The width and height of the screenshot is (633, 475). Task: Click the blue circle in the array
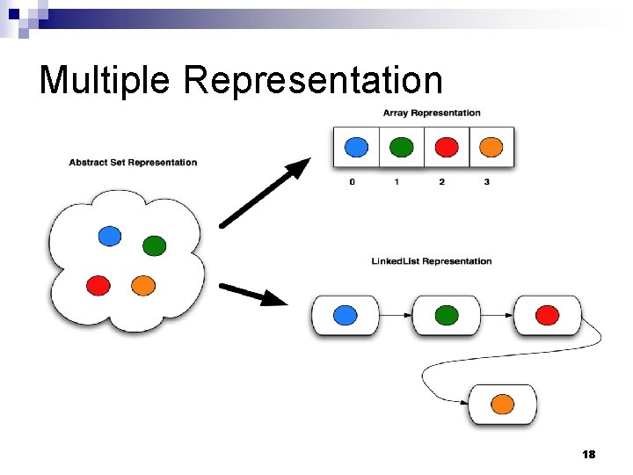356,147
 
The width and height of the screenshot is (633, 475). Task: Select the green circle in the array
401,147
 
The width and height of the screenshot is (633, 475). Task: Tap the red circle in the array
447,147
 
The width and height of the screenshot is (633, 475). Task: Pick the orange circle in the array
491,147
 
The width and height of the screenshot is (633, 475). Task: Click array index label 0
353,182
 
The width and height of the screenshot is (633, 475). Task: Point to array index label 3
486,182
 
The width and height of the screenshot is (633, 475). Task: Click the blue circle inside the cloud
109,235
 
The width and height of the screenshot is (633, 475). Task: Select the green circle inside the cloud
154,245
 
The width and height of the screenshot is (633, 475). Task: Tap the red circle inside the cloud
98,285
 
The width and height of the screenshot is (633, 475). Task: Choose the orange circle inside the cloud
142,285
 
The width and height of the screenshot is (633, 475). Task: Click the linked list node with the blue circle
346,315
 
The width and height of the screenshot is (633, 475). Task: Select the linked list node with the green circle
447,315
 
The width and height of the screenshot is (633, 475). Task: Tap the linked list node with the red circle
547,315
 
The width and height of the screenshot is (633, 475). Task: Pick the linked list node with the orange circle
502,404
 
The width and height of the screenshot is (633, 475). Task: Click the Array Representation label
432,113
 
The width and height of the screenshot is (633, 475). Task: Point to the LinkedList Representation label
432,261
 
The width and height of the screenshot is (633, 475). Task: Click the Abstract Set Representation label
133,162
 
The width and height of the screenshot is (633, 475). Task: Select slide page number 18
588,454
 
